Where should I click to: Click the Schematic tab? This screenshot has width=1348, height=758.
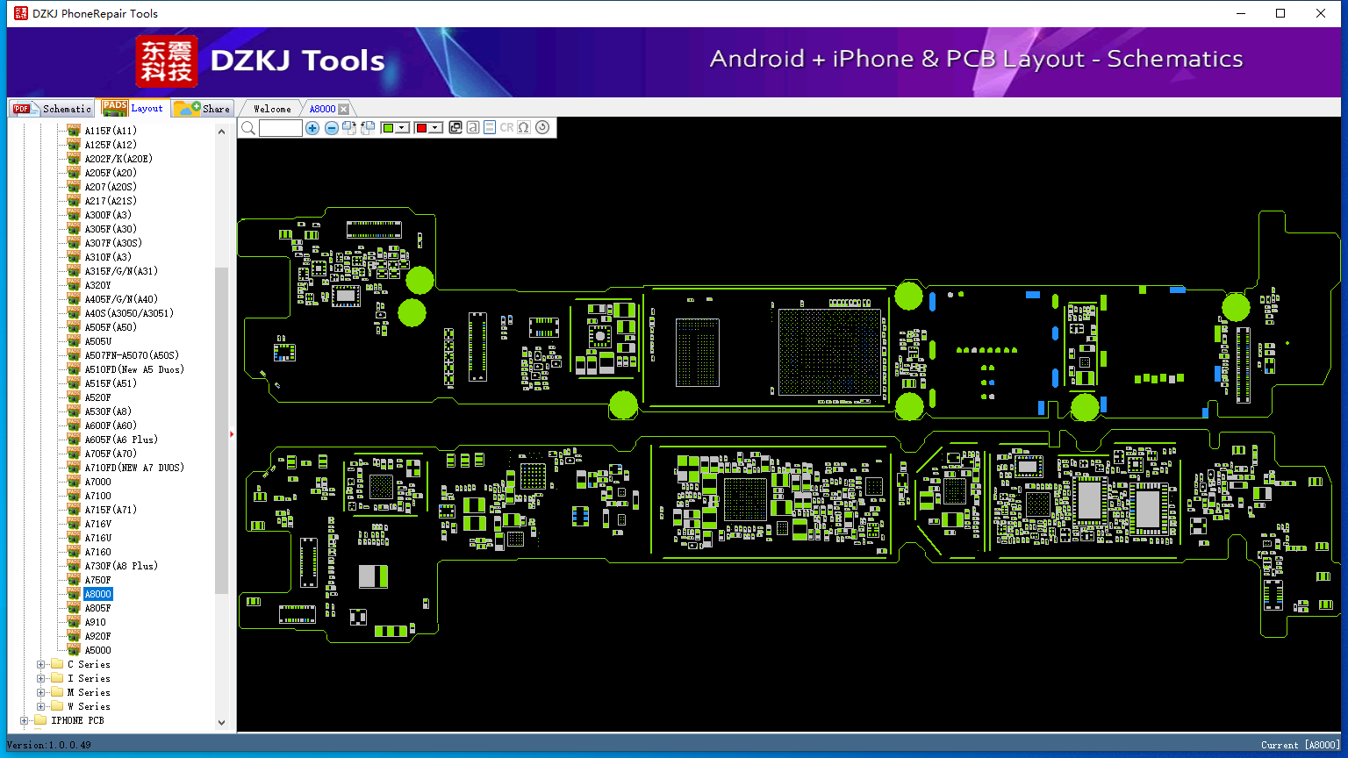(52, 108)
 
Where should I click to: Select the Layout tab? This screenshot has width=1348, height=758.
(133, 108)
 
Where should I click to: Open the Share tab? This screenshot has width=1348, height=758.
(202, 108)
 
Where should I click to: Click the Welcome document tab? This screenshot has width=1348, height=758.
(272, 109)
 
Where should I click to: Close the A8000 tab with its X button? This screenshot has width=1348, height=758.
(344, 109)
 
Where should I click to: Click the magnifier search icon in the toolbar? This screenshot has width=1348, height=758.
(248, 127)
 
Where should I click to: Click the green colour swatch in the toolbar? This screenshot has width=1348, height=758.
(388, 127)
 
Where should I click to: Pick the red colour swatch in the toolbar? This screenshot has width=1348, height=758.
(421, 127)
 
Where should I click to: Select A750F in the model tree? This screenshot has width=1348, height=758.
(97, 580)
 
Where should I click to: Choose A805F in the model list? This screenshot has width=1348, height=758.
(97, 608)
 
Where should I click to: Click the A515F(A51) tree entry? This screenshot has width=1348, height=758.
(111, 383)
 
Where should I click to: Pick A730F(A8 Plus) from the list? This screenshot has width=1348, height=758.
(121, 566)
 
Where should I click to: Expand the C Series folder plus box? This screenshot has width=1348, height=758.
(41, 665)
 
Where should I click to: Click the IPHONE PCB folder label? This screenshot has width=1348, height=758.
(77, 720)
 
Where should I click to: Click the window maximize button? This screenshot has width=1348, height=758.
(1280, 13)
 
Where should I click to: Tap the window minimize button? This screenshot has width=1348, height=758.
(1241, 13)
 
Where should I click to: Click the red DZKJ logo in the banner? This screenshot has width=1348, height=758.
(166, 61)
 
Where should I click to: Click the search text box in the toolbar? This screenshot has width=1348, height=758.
(281, 127)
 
